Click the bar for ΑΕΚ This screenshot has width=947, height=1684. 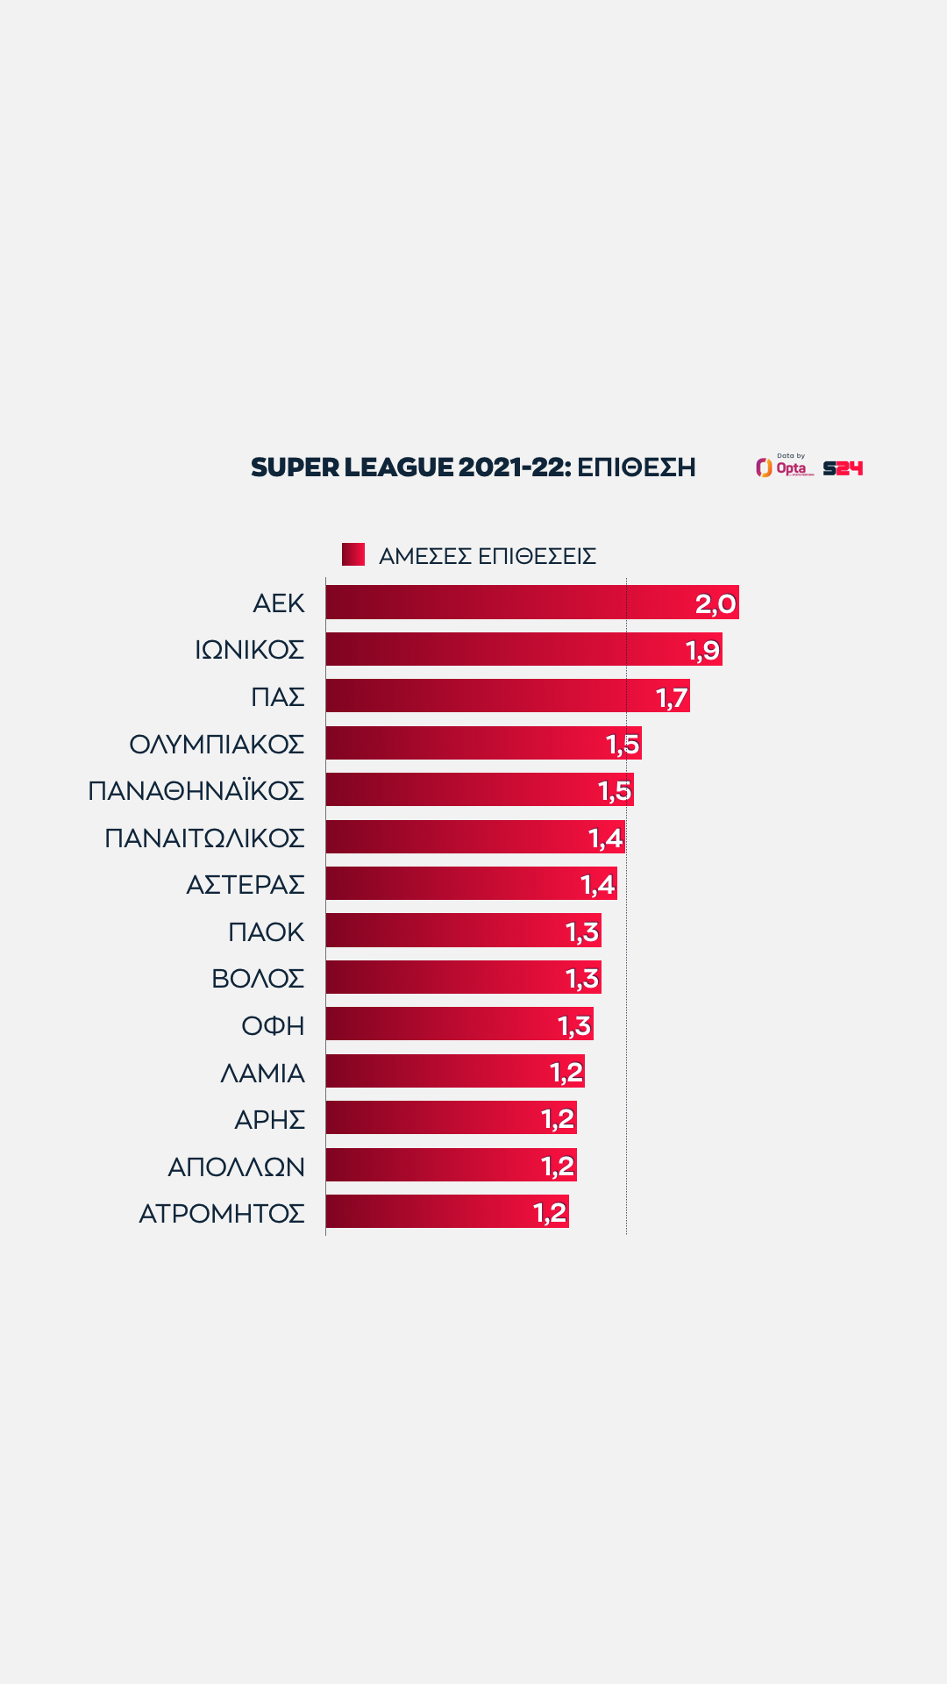[509, 603]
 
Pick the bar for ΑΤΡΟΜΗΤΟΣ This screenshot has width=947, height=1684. [430, 1212]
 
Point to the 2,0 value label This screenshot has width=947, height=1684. [716, 603]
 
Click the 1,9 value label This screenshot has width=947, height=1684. [702, 651]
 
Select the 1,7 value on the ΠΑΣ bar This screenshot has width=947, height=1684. [672, 697]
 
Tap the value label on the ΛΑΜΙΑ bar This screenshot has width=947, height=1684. [566, 1072]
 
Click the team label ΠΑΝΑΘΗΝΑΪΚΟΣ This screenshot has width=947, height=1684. [196, 790]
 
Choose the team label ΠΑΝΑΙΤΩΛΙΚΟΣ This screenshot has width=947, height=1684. [204, 838]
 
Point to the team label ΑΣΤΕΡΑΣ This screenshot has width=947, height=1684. [246, 884]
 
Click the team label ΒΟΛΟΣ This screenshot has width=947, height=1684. [258, 978]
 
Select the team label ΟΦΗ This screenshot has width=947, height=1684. [273, 1025]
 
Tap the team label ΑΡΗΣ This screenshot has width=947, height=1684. [270, 1119]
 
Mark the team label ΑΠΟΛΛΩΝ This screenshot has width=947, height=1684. [237, 1167]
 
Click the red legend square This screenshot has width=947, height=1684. [353, 554]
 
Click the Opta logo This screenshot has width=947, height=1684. [785, 467]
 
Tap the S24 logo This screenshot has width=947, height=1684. [843, 468]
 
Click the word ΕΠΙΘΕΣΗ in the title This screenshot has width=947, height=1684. [637, 467]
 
